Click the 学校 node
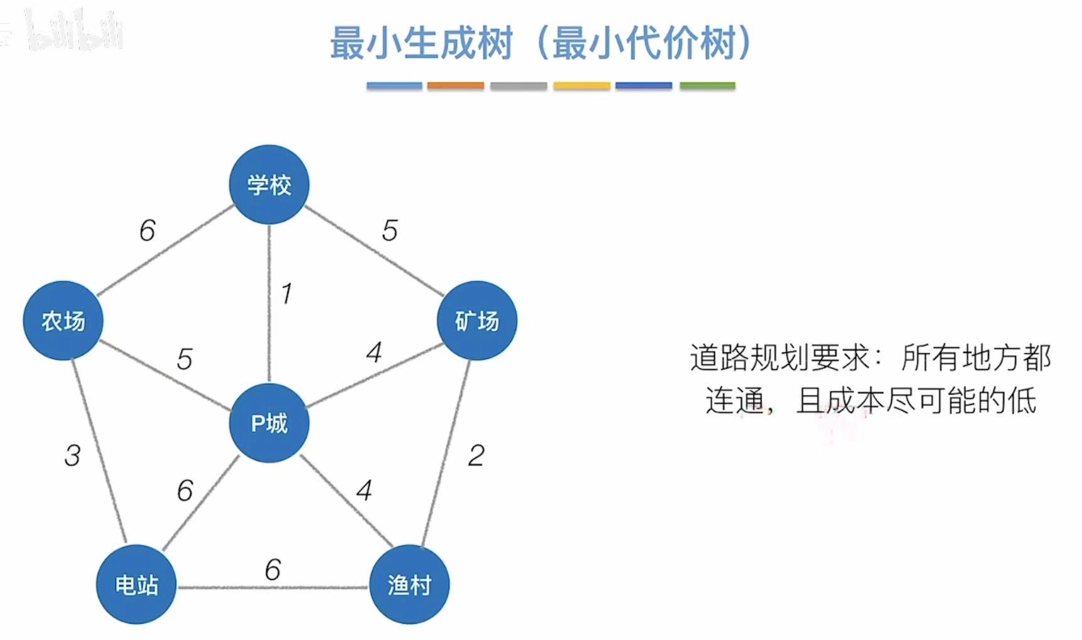click(269, 185)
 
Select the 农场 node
click(63, 320)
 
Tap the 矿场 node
click(477, 320)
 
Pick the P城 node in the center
click(269, 423)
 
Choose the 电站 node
click(136, 585)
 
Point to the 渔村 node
click(409, 585)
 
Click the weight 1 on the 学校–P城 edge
click(286, 293)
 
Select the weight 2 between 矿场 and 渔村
click(476, 455)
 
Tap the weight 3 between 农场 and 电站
click(72, 455)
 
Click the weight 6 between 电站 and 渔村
click(273, 570)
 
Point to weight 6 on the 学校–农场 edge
click(147, 231)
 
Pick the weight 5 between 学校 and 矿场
click(389, 231)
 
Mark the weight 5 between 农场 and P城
click(184, 359)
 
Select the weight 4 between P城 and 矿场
click(374, 352)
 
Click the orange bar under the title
click(455, 85)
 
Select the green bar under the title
click(707, 85)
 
